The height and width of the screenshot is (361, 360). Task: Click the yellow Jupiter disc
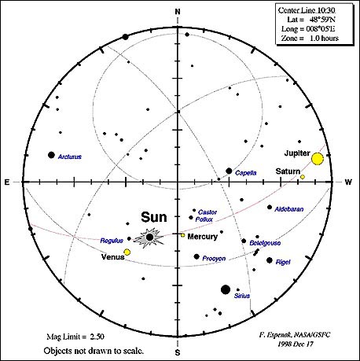pyautogui.click(x=318, y=159)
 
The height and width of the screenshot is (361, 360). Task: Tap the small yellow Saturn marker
pyautogui.click(x=303, y=177)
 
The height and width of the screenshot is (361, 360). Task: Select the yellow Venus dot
pyautogui.click(x=127, y=252)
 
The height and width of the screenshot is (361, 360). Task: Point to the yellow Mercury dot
pyautogui.click(x=183, y=235)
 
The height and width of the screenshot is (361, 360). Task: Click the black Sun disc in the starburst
pyautogui.click(x=149, y=238)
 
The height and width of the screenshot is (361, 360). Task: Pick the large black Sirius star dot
pyautogui.click(x=226, y=289)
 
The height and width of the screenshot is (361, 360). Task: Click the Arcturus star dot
pyautogui.click(x=51, y=155)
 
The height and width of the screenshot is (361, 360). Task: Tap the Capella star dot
pyautogui.click(x=229, y=171)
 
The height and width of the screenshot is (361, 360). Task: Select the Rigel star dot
pyautogui.click(x=270, y=260)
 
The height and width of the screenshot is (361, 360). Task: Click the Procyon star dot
pyautogui.click(x=197, y=256)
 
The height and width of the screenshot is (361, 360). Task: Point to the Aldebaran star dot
pyautogui.click(x=270, y=207)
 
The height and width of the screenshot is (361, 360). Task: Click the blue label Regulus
pyautogui.click(x=112, y=241)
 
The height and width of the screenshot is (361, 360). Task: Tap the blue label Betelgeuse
pyautogui.click(x=265, y=243)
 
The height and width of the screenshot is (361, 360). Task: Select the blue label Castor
pyautogui.click(x=208, y=212)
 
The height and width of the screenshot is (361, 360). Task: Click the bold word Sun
pyautogui.click(x=154, y=217)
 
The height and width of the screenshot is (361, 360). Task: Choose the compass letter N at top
pyautogui.click(x=178, y=12)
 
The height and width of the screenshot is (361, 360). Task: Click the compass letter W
pyautogui.click(x=348, y=182)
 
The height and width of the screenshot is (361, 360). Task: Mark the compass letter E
pyautogui.click(x=7, y=182)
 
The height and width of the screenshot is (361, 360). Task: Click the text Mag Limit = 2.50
pyautogui.click(x=75, y=337)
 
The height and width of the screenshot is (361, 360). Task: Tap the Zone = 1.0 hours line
pyautogui.click(x=310, y=39)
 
